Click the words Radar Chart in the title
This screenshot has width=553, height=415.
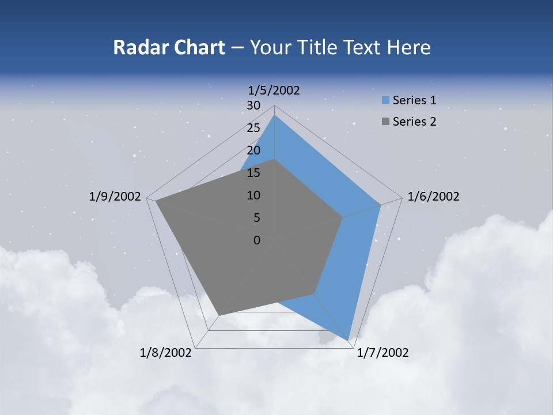169,48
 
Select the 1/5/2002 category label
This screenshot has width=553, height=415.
274,90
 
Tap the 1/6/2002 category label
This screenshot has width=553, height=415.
433,197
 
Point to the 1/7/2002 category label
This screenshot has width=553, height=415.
382,353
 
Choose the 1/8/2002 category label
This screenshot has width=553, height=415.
166,353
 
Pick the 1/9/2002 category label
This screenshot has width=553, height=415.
115,197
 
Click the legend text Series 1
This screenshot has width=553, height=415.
414,100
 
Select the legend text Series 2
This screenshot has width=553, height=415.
414,122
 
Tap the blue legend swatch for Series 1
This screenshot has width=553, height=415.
385,101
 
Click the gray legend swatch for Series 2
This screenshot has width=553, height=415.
385,122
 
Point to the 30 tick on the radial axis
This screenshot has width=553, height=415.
253,105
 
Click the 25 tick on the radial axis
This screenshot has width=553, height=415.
253,128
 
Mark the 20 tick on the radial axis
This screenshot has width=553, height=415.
253,150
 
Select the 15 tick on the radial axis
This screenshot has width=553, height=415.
253,173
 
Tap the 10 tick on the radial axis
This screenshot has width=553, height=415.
253,195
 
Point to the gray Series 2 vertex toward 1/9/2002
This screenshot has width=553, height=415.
156,202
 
